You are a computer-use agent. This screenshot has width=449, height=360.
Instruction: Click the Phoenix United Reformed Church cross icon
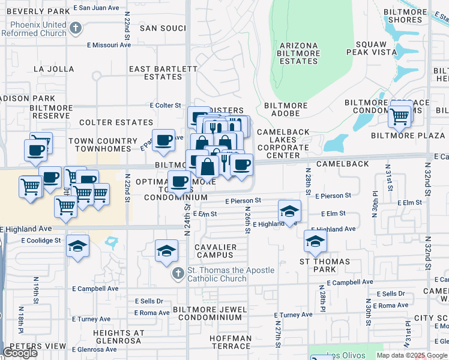tap(76, 28)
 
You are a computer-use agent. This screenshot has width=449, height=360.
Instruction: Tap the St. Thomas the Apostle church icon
tap(178, 274)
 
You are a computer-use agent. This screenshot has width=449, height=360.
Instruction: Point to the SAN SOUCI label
tap(163, 28)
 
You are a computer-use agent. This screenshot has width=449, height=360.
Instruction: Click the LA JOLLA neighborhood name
tap(54, 69)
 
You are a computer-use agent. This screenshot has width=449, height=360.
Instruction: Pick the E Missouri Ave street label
tap(109, 45)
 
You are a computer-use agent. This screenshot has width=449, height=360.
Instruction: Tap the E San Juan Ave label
tap(97, 8)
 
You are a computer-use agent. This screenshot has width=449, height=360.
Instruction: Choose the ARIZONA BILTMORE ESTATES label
tap(298, 53)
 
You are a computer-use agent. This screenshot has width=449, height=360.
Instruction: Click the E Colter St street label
tap(165, 106)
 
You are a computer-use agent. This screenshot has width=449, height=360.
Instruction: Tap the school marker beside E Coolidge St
tap(77, 247)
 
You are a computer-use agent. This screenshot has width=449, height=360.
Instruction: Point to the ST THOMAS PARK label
tap(325, 265)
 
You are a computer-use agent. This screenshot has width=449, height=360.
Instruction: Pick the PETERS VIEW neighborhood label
tap(34, 346)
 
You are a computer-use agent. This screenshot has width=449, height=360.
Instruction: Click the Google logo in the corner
tap(20, 353)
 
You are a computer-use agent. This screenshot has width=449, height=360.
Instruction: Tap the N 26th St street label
tap(247, 220)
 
